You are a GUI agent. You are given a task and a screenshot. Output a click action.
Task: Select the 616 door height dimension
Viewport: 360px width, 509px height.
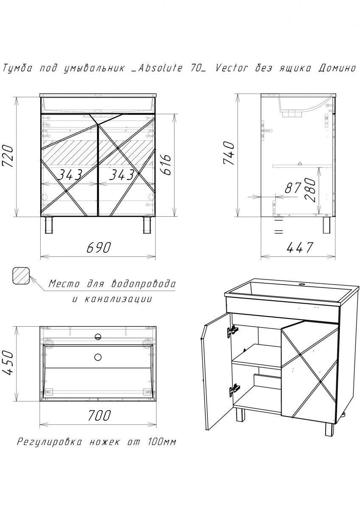(166, 164)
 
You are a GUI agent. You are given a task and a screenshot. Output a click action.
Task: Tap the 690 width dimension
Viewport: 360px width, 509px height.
(98, 247)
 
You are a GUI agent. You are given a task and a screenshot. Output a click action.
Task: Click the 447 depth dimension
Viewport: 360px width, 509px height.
(299, 247)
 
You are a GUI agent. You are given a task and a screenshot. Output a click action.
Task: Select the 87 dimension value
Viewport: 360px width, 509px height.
(293, 188)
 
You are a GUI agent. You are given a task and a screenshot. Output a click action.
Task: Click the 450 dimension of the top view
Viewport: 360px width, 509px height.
(9, 364)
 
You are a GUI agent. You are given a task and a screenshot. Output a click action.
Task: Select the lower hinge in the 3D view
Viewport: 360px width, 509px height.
(233, 389)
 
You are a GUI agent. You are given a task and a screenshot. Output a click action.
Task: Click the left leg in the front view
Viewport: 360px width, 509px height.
(49, 224)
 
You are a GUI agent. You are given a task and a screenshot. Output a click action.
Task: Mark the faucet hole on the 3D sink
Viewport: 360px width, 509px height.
(302, 284)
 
